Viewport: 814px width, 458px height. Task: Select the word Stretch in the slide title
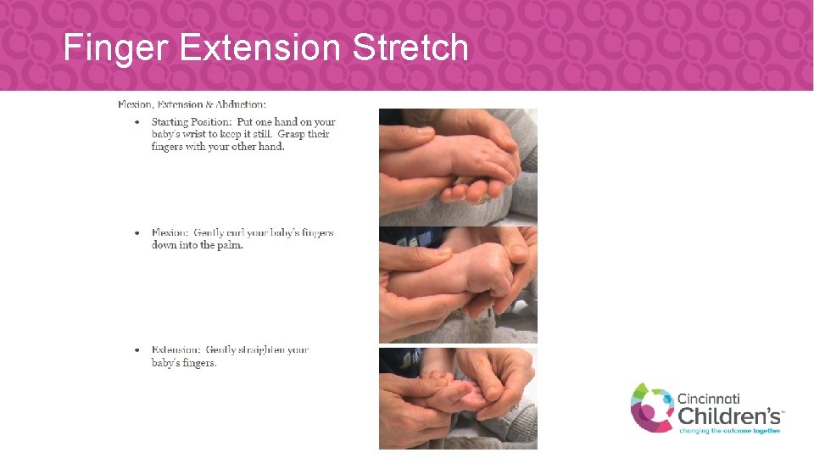click(410, 48)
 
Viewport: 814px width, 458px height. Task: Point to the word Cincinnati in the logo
click(709, 398)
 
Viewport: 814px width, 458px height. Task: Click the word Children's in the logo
click(728, 415)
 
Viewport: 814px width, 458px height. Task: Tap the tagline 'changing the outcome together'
click(729, 430)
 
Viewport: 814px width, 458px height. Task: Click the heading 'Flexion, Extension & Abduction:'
click(192, 104)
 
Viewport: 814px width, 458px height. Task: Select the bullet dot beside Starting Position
click(139, 122)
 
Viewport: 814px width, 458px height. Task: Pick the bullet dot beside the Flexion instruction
click(139, 233)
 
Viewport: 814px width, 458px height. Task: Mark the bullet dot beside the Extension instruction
click(139, 349)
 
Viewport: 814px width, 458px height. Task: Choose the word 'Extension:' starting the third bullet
click(176, 349)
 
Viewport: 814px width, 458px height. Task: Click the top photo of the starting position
click(458, 165)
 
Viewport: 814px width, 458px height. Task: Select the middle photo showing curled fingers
click(458, 284)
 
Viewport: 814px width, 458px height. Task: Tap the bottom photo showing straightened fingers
click(458, 398)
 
